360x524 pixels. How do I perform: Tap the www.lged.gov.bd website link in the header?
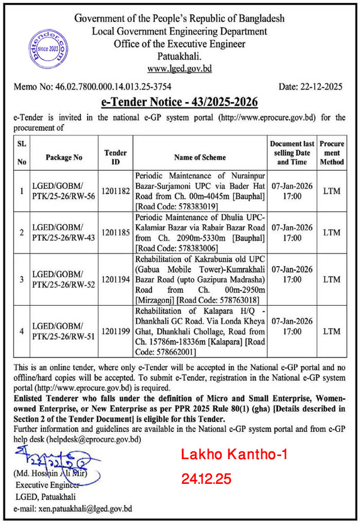coord(179,68)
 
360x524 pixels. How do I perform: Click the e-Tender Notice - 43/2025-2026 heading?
coord(179,102)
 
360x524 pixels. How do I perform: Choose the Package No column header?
coord(64,157)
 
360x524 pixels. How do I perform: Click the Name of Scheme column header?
coord(200,157)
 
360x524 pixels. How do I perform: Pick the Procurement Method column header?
coord(332,152)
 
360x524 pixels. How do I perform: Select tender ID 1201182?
coord(116,191)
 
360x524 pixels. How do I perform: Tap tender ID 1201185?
coord(116,232)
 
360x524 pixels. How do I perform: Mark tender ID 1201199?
coord(116,331)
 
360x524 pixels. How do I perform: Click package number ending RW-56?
coord(64,196)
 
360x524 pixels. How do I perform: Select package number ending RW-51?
coord(64,336)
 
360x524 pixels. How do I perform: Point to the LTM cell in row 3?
coord(332,280)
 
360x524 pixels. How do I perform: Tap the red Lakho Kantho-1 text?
coord(234,455)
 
